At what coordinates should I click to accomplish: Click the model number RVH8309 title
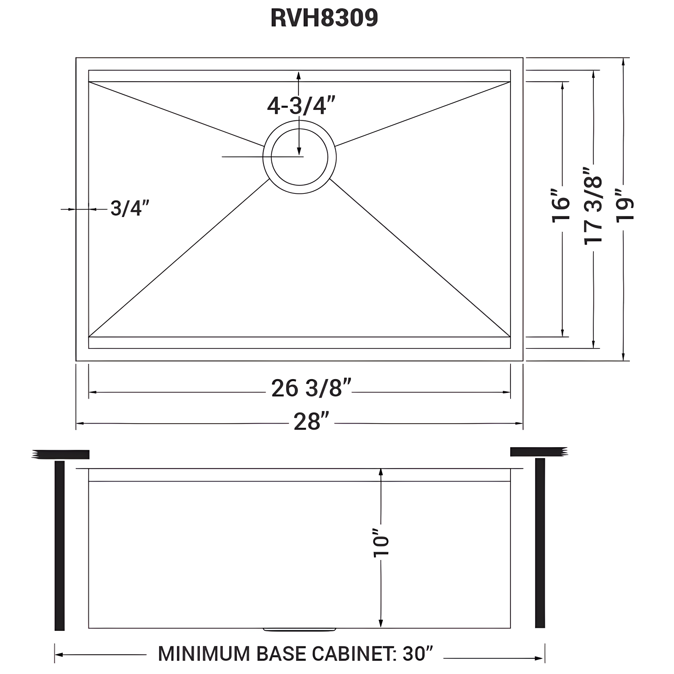(x=324, y=18)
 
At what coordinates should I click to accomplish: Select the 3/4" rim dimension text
(x=130, y=208)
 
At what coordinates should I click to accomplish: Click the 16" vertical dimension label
(x=561, y=206)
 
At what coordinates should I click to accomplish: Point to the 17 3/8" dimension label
(x=593, y=206)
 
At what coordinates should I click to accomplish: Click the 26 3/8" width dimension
(x=311, y=388)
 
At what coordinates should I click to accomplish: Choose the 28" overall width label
(x=311, y=422)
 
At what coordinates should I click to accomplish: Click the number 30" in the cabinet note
(x=418, y=653)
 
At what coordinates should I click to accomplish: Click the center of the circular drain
(x=299, y=157)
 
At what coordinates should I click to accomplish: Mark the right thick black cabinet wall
(x=540, y=543)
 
